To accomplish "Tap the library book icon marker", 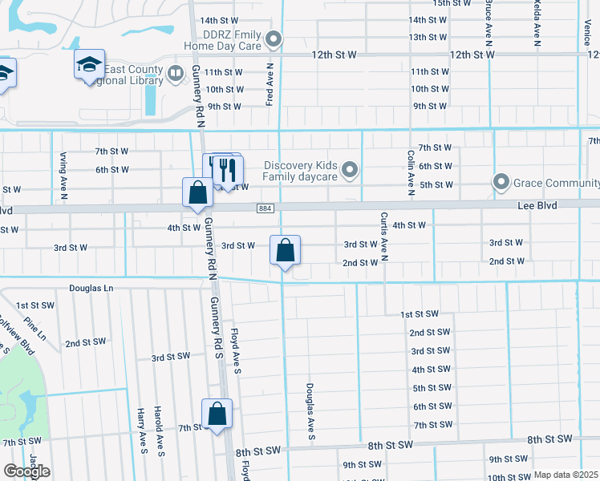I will coord(176,75).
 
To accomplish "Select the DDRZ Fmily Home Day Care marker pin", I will coord(274,38).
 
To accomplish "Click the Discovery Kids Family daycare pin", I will coord(349,170).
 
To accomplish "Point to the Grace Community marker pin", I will coord(501,183).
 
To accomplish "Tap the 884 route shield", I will coord(264,208).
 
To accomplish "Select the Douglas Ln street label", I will coord(91,287).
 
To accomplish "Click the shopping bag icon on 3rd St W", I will coord(285,251).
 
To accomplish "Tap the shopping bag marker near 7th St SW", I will coord(217,414).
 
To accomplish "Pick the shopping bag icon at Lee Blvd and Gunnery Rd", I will coord(197,193).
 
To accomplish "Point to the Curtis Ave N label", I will coord(384,236).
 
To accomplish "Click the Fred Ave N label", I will coord(270,85).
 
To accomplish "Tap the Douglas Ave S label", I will coord(309,411).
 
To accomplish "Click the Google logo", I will coord(26,471).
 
